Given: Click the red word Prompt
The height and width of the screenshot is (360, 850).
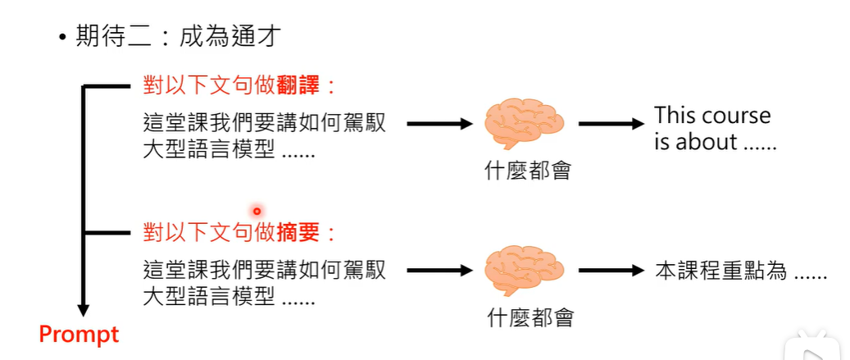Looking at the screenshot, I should [80, 335].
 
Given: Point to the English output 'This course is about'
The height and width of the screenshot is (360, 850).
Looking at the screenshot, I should [712, 128].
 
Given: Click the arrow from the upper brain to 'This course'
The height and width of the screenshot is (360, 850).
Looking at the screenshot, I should [611, 125].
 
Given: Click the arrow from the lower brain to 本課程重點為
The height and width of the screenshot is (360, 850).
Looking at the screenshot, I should [611, 271].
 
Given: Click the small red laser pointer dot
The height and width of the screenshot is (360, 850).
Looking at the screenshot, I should [257, 211].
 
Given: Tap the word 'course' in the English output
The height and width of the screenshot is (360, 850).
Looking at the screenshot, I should [737, 115].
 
